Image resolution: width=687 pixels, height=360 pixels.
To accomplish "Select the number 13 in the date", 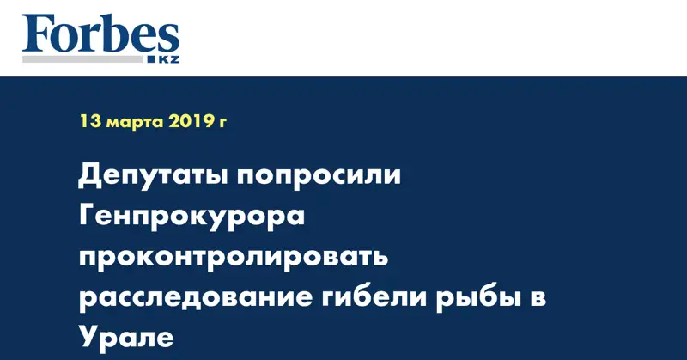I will coord(90,122).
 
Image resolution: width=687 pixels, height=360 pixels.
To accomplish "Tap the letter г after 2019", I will coord(223,123).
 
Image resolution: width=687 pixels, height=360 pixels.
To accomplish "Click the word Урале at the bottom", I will coord(125,337).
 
